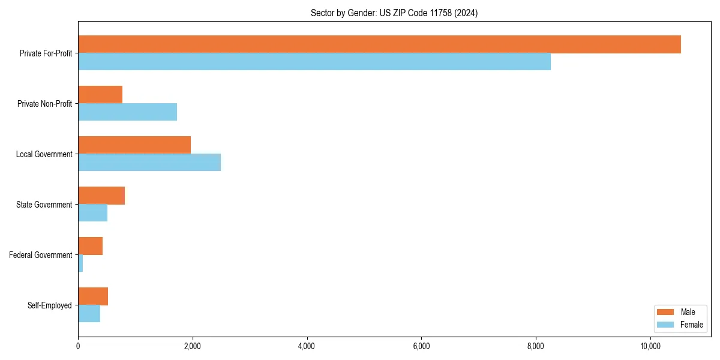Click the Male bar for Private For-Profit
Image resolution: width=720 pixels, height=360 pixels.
pyautogui.click(x=379, y=44)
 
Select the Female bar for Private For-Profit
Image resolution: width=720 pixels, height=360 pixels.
pyautogui.click(x=314, y=62)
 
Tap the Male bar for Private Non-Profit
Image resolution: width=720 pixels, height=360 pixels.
pyautogui.click(x=100, y=95)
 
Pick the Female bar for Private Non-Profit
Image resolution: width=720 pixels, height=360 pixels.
pyautogui.click(x=127, y=112)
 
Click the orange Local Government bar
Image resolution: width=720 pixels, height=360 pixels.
pyautogui.click(x=134, y=145)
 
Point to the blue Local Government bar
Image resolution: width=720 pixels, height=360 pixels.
pyautogui.click(x=149, y=163)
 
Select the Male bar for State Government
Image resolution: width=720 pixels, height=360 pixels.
pyautogui.click(x=101, y=196)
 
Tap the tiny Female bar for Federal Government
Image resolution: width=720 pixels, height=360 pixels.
pyautogui.click(x=80, y=263)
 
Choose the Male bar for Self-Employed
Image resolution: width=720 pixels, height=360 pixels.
pyautogui.click(x=93, y=296)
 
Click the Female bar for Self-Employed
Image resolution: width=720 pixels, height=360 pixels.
pyautogui.click(x=89, y=314)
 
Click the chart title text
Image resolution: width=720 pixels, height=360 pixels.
pyautogui.click(x=394, y=13)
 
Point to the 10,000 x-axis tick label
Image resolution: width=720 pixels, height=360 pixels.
pyautogui.click(x=650, y=346)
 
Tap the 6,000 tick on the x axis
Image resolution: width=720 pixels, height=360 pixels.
pyautogui.click(x=421, y=346)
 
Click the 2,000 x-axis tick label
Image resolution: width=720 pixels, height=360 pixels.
pyautogui.click(x=192, y=346)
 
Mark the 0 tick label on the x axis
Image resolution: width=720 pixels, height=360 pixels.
pyautogui.click(x=78, y=346)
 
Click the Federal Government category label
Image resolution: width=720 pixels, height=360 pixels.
pyautogui.click(x=40, y=255)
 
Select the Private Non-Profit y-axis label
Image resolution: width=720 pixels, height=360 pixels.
pyautogui.click(x=44, y=104)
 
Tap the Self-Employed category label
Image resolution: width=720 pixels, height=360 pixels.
pyautogui.click(x=49, y=305)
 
